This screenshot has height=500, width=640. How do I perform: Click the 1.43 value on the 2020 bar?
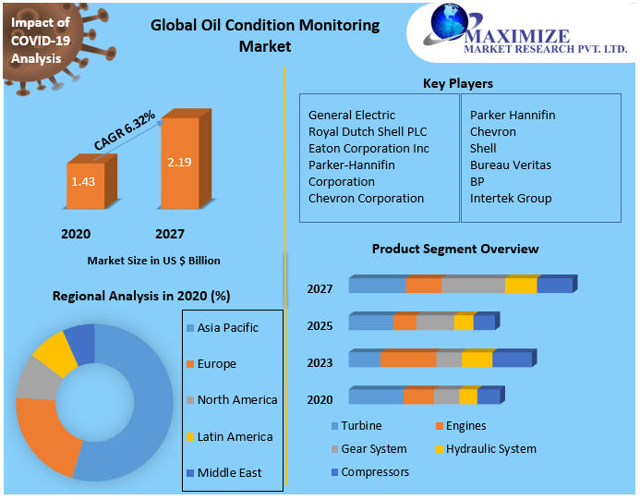click(83, 181)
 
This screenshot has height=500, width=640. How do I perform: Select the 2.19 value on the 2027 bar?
click(179, 162)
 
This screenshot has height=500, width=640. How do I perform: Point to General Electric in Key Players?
click(352, 116)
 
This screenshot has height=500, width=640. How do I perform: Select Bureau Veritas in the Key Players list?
click(510, 165)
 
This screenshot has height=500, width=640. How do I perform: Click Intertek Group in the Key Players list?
click(510, 199)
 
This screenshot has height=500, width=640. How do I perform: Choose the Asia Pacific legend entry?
click(227, 328)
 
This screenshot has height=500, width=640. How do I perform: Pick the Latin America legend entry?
click(234, 436)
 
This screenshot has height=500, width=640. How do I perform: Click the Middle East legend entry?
click(229, 472)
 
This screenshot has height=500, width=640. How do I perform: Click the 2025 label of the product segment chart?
click(320, 326)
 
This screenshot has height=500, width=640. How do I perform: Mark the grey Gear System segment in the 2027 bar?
click(473, 286)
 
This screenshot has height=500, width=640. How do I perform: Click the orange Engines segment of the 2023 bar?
click(407, 360)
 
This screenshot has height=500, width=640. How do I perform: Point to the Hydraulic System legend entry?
click(489, 449)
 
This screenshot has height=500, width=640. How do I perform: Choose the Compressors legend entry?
click(374, 472)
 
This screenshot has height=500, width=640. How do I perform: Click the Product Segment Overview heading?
click(454, 250)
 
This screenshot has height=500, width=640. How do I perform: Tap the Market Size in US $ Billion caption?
click(153, 261)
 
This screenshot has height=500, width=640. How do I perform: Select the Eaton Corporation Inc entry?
click(368, 149)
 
